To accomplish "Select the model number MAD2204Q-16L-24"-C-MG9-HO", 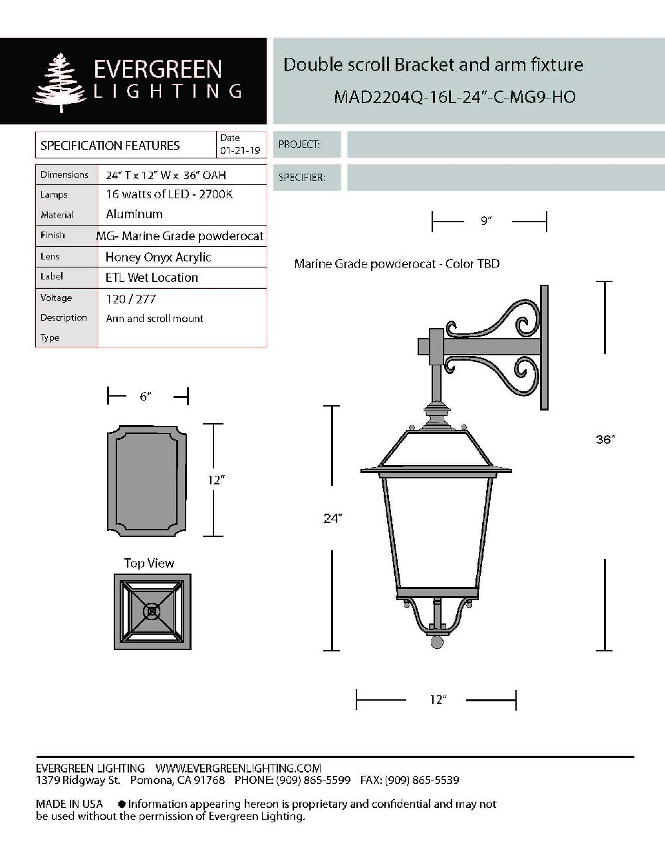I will pyautogui.click(x=454, y=97).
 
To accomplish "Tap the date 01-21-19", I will pyautogui.click(x=240, y=151).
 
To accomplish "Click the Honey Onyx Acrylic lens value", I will pyautogui.click(x=158, y=258).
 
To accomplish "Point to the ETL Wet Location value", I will pyautogui.click(x=152, y=278).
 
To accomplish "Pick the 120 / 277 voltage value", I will pyautogui.click(x=130, y=299).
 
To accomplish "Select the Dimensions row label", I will pyautogui.click(x=65, y=175).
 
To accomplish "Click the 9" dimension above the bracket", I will pyautogui.click(x=486, y=221).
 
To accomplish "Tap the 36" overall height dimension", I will pyautogui.click(x=605, y=440).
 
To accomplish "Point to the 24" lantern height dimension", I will pyautogui.click(x=332, y=518).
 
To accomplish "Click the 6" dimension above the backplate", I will pyautogui.click(x=146, y=397).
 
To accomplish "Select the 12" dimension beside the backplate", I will pyautogui.click(x=214, y=480).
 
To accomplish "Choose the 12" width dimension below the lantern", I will pyautogui.click(x=437, y=700).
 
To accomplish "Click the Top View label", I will pyautogui.click(x=149, y=564).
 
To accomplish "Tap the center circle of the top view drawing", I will pyautogui.click(x=152, y=611).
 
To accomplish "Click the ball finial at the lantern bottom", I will pyautogui.click(x=437, y=642).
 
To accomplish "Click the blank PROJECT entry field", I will pyautogui.click(x=505, y=144).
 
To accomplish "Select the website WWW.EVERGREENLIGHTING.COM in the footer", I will pyautogui.click(x=238, y=769).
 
